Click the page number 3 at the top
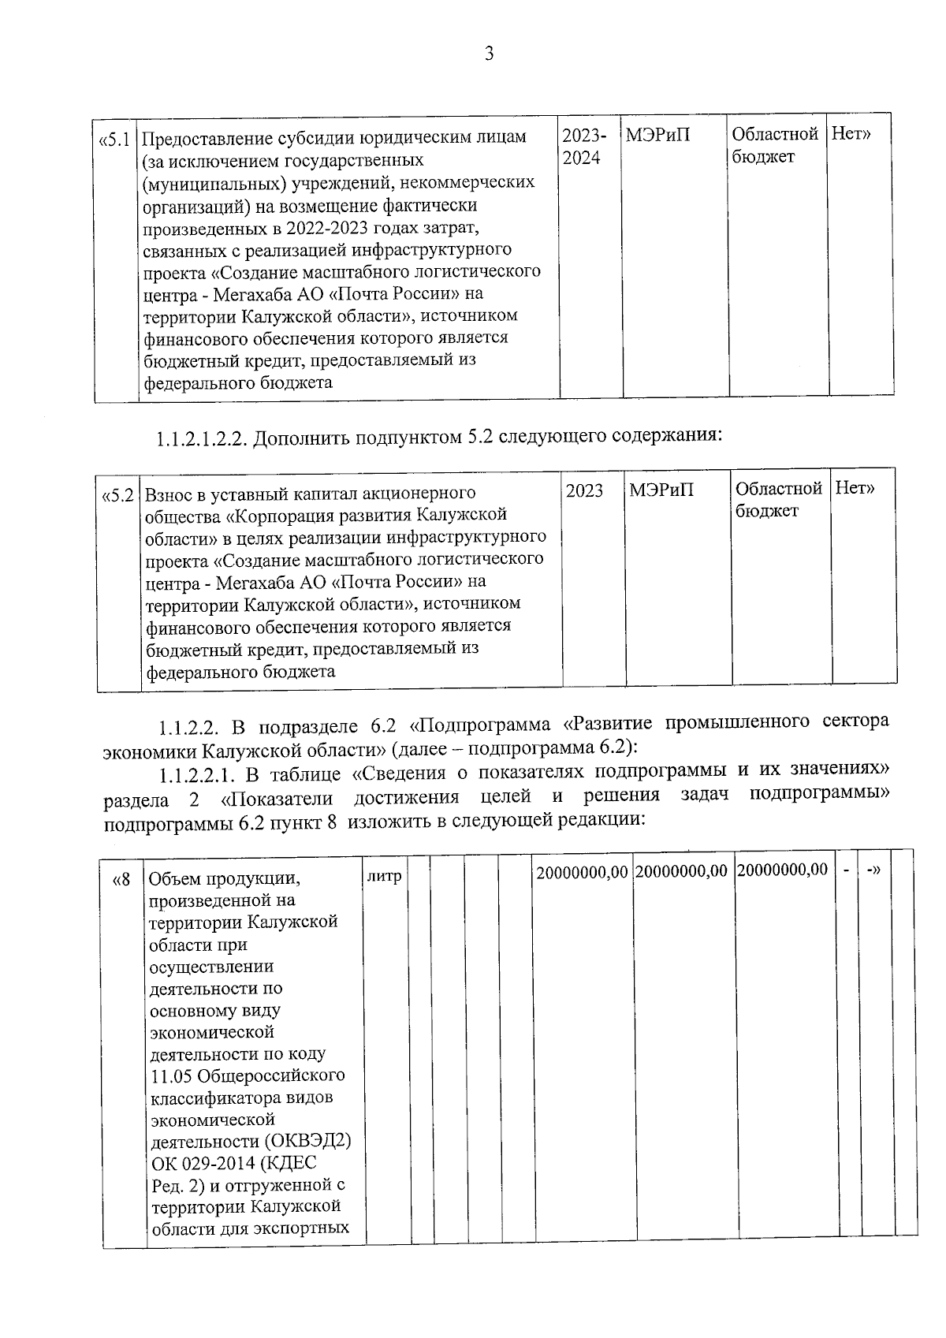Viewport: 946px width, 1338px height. pos(489,54)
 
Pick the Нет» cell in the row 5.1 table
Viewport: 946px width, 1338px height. pos(852,135)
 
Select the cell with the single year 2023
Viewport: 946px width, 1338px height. pos(584,491)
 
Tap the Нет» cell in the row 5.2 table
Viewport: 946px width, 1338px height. pos(855,490)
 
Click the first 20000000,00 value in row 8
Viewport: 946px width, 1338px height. pos(583,873)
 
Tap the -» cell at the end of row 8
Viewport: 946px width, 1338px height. pos(873,870)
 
